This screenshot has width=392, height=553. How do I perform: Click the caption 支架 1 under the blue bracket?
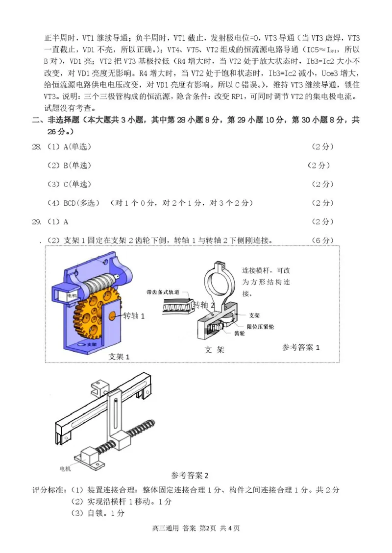click(119, 356)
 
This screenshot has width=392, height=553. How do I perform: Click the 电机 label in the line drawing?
click(65, 468)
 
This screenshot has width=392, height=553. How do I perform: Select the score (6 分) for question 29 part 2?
click(322, 240)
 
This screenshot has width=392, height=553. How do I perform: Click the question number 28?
click(37, 147)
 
